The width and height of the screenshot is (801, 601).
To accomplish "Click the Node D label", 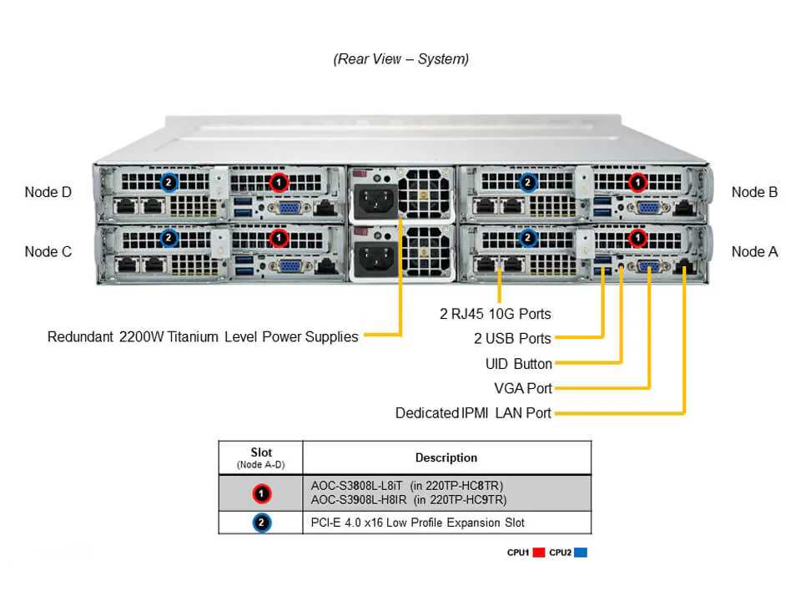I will pos(48,192).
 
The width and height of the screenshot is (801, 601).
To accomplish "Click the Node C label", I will pos(48,251).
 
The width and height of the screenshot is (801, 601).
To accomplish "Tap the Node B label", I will pos(754,192).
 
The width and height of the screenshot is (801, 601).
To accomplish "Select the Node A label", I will pos(754,251).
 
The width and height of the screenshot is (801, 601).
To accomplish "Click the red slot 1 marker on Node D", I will pos(279,181).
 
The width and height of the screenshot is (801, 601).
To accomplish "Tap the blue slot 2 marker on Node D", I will pos(169,181).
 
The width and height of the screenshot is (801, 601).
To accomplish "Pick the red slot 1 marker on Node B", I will pos(638,181).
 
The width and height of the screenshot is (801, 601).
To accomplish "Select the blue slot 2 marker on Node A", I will pos(527,239).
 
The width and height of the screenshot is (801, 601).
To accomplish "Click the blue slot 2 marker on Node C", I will pos(169,239).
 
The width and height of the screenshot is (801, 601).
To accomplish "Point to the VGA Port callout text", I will pos(522,388).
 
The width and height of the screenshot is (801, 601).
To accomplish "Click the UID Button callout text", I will pos(518,364).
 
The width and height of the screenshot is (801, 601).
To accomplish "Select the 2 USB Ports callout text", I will pos(511,339).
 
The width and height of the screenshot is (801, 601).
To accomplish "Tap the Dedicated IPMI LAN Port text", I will pos(473,413).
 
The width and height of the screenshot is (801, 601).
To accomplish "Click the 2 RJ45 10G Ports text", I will pos(495,314).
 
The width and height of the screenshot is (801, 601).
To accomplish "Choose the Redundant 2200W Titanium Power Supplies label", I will pos(203,337).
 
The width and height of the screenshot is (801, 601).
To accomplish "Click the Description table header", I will pos(446,457).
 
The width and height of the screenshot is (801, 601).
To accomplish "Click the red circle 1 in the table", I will pos(261,494).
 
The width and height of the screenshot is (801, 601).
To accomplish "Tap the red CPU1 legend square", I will pos(539,553).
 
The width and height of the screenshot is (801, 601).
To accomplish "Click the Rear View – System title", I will pos(400,59).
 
